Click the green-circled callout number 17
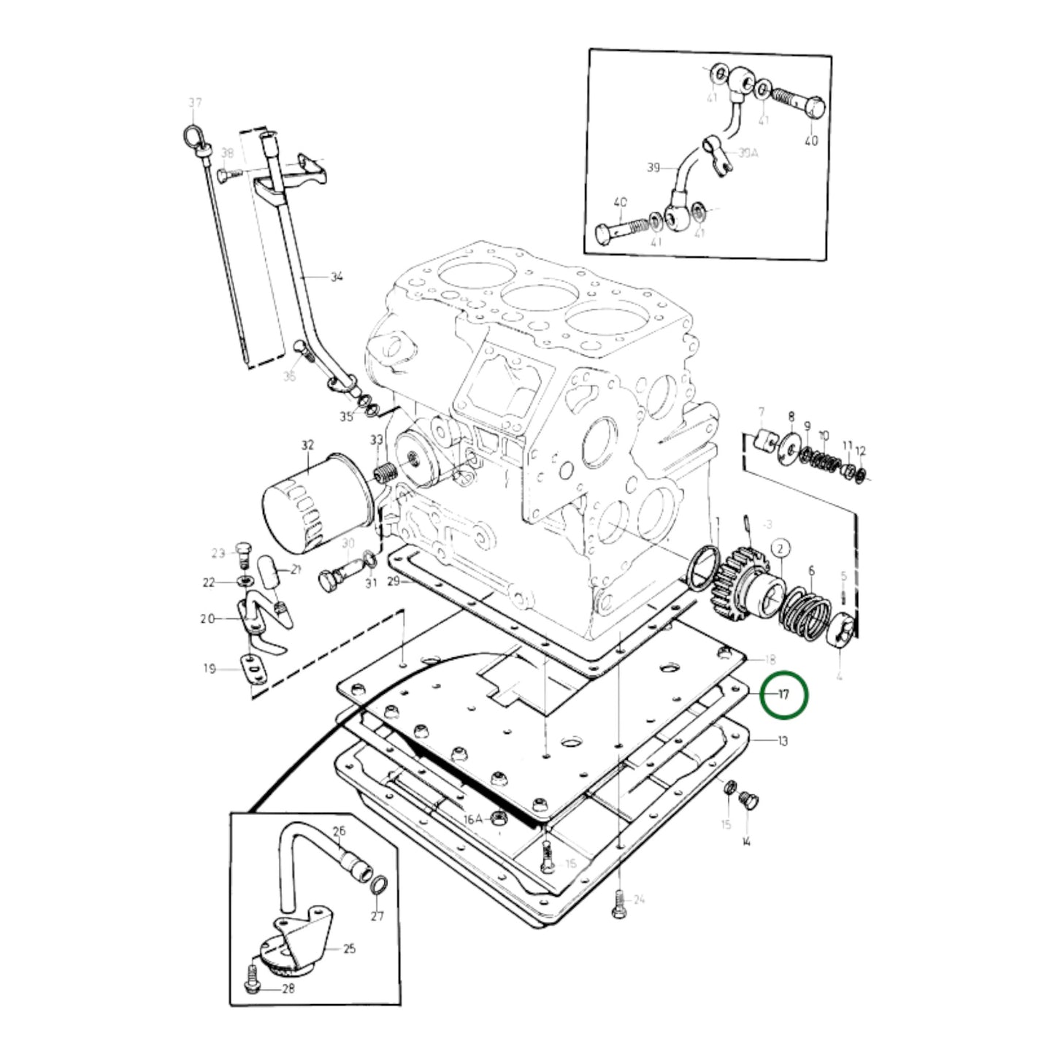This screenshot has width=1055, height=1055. coord(783,695)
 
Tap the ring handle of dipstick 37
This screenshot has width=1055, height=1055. coord(193,137)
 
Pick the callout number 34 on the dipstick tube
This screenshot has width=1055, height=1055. coord(337,277)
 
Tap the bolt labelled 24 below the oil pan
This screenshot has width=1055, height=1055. coord(618,902)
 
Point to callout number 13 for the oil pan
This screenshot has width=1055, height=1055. coord(782,741)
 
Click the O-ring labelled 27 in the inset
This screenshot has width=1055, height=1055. coord(377,886)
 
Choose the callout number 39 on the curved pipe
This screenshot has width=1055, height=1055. coord(653,168)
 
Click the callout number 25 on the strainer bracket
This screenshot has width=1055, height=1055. coord(349,948)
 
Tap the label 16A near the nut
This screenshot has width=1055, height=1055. coord(472,819)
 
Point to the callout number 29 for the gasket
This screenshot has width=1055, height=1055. coord(394,581)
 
